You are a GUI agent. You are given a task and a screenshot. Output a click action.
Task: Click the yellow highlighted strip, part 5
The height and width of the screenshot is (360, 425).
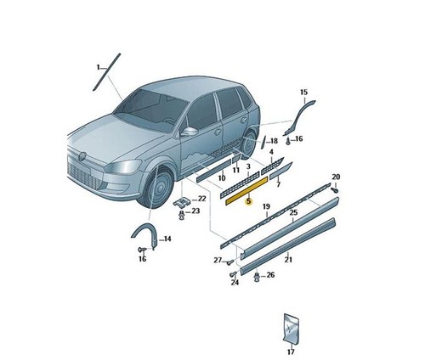click(x=246, y=190)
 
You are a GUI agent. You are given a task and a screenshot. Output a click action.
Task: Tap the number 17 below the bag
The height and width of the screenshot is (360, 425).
click(x=291, y=352)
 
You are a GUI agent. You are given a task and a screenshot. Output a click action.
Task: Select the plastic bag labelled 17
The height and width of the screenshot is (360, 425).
click(x=291, y=328)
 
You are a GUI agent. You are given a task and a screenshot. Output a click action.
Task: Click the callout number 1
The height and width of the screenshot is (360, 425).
click(x=99, y=67)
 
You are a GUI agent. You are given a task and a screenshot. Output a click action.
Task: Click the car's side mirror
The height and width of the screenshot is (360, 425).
click(x=190, y=132)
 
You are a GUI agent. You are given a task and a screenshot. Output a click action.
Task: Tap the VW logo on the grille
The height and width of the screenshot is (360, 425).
click(x=82, y=156)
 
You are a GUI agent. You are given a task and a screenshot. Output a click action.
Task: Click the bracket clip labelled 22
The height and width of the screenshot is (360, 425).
click(x=182, y=202)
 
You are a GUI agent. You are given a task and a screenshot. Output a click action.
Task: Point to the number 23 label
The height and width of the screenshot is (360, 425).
click(x=195, y=211)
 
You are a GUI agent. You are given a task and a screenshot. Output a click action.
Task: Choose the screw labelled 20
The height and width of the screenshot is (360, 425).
click(x=335, y=189)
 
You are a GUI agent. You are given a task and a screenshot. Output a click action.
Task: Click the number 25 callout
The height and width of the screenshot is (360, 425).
click(x=293, y=212)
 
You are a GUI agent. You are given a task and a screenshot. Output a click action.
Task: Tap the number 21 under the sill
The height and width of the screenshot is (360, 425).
click(x=288, y=260)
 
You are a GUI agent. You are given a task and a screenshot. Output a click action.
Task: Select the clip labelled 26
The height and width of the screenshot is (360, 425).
click(x=257, y=277)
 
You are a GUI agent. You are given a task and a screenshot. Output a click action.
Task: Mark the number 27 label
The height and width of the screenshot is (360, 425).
click(x=218, y=260)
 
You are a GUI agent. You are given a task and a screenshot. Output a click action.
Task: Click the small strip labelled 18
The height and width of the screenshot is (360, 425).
click(x=263, y=142)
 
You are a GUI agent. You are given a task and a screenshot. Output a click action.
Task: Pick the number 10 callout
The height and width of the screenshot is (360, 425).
click(x=222, y=178)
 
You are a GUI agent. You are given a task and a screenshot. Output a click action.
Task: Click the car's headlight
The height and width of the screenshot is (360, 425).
click(x=124, y=166)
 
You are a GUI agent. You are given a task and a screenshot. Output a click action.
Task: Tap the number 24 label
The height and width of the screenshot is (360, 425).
click(x=235, y=283)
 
